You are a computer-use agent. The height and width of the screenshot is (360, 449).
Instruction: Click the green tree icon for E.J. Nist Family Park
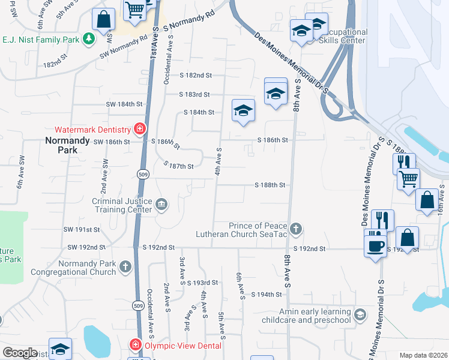pos(89,40)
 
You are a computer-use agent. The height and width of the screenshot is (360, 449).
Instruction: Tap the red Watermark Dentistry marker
pos(139,129)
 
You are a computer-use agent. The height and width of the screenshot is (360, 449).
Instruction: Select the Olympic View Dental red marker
pos(136,346)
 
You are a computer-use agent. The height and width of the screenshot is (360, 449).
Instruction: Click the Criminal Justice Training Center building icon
pos(161,205)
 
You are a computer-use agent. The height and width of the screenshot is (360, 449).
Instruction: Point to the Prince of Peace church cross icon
pos(295,229)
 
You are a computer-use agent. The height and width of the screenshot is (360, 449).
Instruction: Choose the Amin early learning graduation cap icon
pos(360,315)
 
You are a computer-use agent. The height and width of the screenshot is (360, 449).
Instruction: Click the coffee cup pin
pos(376,245)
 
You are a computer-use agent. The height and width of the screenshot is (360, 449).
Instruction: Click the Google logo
pos(20,352)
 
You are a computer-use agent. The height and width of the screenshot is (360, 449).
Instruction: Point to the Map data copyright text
pos(423,355)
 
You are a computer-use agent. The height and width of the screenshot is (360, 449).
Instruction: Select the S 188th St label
pos(269,186)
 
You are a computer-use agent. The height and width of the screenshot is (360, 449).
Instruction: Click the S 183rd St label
pos(194,94)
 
